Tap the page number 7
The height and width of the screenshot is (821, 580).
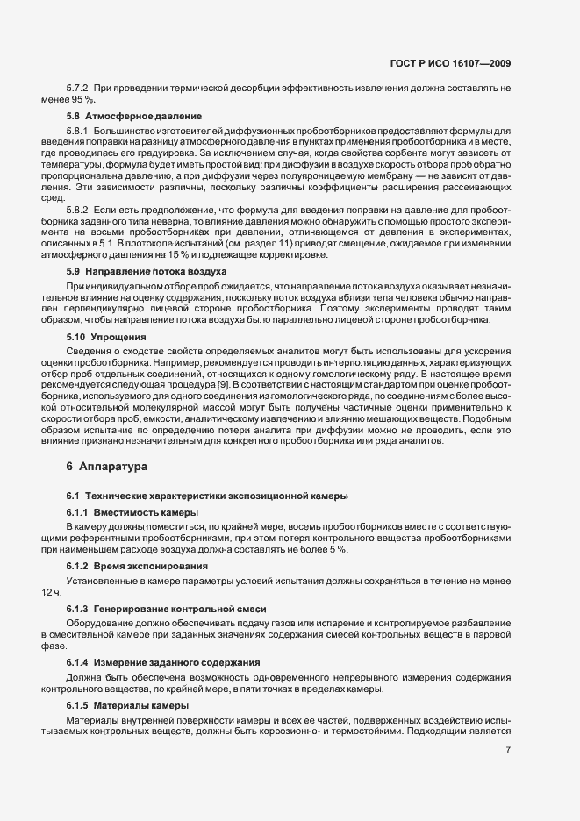pos(509,750)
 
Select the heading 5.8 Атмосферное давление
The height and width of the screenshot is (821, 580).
pos(135,116)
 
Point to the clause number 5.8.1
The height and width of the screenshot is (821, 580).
pos(78,130)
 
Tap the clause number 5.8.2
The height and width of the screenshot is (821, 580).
pos(78,213)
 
